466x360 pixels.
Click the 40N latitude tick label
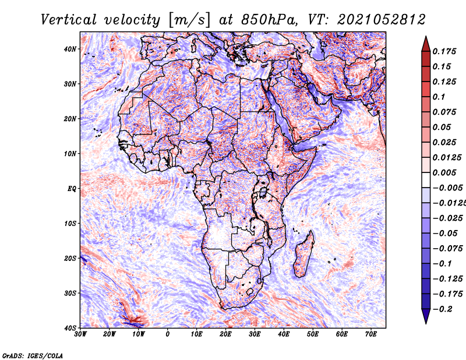coord(70,49)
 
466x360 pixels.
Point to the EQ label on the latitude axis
coord(72,189)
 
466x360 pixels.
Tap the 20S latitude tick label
coord(70,258)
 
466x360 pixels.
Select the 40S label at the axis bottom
coord(70,328)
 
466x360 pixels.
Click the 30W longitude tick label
coord(80,334)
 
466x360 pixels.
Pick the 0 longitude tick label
coord(168,334)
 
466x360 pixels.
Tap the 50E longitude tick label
coord(313,334)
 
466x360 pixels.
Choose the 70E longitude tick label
coord(371,334)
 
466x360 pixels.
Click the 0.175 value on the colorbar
coord(444,51)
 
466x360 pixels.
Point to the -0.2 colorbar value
coord(443,309)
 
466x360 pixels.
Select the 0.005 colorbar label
coord(444,172)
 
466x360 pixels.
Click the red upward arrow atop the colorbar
coord(426,45)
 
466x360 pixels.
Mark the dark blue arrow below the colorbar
coord(426,316)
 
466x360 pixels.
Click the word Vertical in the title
coord(69,20)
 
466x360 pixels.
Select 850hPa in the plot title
coord(270,20)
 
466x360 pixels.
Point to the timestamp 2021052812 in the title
coord(382,20)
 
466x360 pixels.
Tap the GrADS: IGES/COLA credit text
coord(33,355)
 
